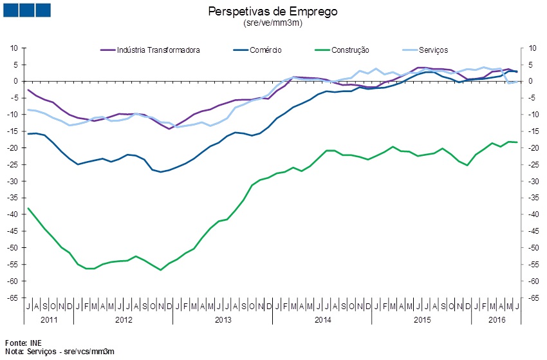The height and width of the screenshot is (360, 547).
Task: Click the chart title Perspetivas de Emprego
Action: pyautogui.click(x=273, y=12)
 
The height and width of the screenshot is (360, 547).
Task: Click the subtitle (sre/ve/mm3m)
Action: pyautogui.click(x=273, y=23)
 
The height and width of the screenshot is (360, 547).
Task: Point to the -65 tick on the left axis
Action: pyautogui.click(x=12, y=298)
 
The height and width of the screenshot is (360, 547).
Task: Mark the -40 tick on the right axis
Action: pyautogui.click(x=533, y=214)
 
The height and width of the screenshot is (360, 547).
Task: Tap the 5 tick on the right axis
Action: pyautogui.click(x=531, y=65)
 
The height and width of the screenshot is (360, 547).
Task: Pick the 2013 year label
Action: pyautogui.click(x=223, y=319)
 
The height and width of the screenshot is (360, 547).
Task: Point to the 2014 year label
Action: pyautogui.click(x=322, y=319)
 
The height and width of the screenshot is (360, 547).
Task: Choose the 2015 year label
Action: pyautogui.click(x=422, y=319)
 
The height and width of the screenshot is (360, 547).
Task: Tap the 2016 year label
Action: pyautogui.click(x=497, y=319)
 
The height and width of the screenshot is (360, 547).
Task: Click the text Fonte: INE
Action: pyautogui.click(x=23, y=343)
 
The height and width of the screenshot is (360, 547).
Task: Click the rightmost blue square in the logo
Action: pyautogui.click(x=43, y=10)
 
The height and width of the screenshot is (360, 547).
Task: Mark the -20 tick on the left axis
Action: pyautogui.click(x=12, y=148)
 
